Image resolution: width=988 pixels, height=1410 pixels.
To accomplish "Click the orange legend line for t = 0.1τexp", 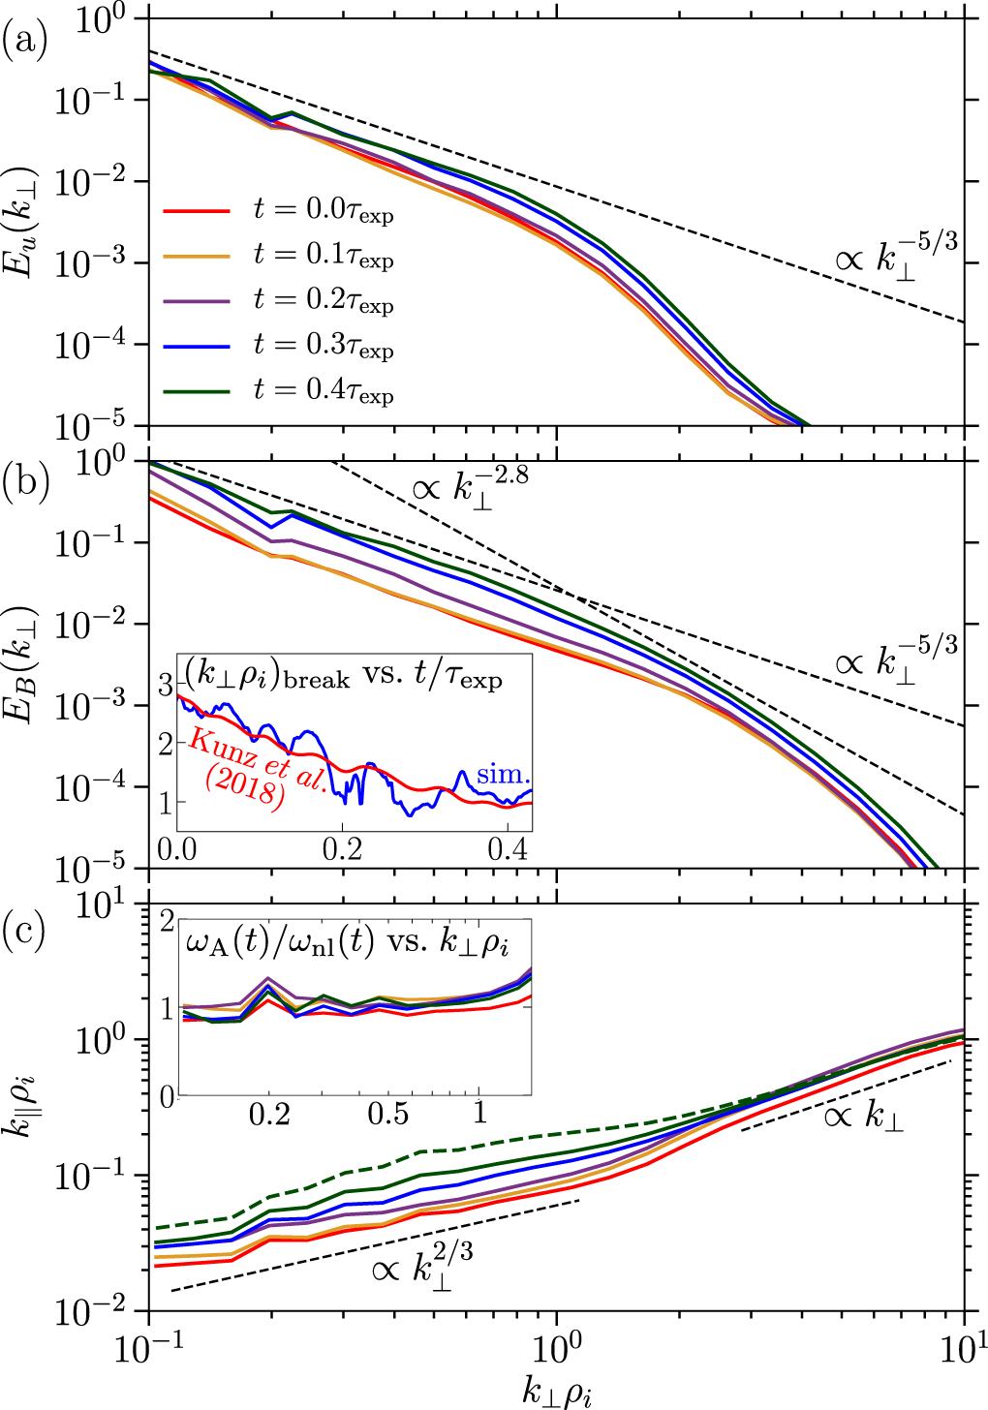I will point(197,256).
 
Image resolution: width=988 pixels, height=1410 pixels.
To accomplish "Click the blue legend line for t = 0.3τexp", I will point(197,345).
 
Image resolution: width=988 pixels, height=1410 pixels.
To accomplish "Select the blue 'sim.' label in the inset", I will point(503,775).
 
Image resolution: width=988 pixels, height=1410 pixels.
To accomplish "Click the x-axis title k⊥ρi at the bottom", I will point(557,1392).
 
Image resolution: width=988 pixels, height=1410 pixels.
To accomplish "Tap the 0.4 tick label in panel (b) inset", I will point(507,849).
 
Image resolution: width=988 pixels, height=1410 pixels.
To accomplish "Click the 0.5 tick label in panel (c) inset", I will point(387,1114).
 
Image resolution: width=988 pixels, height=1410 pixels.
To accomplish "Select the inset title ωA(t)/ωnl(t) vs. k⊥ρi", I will point(347,942).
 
